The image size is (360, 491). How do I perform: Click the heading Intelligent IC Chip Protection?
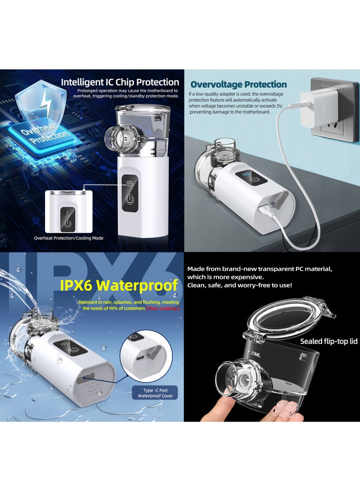pos(120,82)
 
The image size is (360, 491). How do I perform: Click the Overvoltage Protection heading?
pos(238,85)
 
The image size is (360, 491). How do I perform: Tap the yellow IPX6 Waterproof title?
pos(128,285)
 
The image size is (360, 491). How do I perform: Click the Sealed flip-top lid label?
pos(328,342)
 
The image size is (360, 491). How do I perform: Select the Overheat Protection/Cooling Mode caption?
pos(69,238)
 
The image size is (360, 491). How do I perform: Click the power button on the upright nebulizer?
pos(130,199)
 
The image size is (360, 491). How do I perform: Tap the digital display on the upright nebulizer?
pos(130,184)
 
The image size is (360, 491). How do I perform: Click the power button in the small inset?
pos(67,223)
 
